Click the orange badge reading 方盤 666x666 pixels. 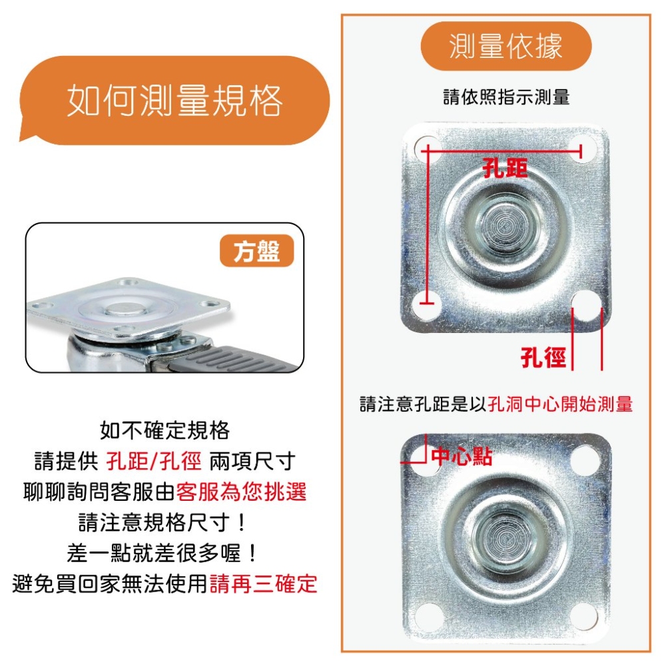click(256, 250)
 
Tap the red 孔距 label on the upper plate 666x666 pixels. click(505, 168)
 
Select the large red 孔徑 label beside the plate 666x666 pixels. click(543, 357)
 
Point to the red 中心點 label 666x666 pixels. click(462, 457)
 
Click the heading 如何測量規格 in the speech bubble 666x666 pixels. click(174, 101)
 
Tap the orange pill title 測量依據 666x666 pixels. click(506, 46)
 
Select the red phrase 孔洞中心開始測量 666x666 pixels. click(560, 404)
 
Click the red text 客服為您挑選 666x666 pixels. click(241, 492)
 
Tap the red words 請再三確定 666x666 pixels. click(263, 583)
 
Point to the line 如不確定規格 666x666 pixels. click(165, 430)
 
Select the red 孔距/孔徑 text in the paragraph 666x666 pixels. click(154, 461)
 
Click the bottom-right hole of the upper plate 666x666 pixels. click(587, 304)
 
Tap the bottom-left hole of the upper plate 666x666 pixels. click(428, 303)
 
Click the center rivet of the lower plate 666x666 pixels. click(505, 536)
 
